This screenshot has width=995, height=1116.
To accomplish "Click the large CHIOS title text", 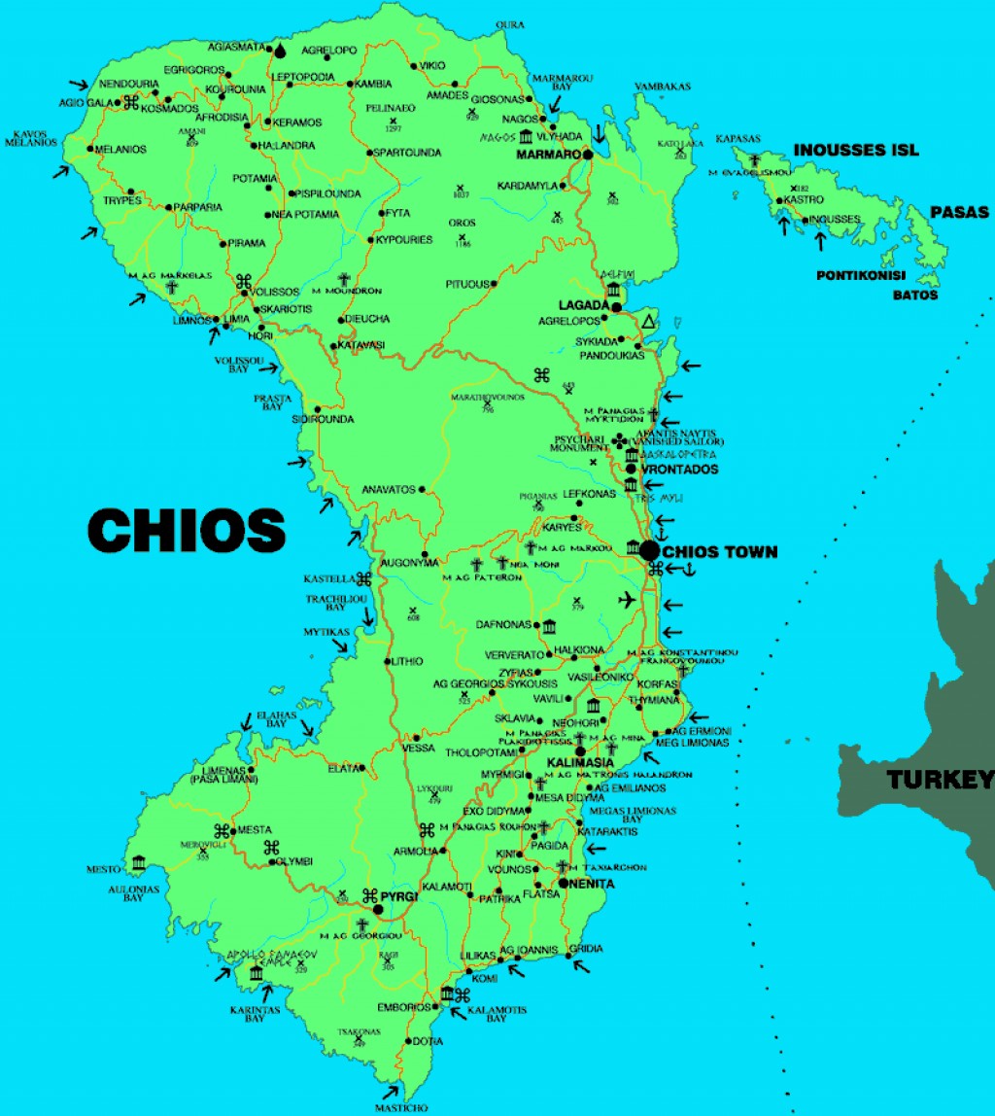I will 187,531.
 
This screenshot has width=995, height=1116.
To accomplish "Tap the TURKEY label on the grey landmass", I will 940,779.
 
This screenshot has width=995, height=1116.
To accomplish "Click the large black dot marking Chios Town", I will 649,550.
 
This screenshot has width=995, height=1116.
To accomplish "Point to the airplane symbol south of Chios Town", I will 627,599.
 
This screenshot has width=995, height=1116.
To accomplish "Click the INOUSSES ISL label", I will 856,150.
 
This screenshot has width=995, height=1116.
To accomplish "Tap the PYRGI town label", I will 399,895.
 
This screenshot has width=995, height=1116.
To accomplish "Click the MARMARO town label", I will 548,155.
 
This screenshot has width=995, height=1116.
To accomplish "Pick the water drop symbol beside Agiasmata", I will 281,50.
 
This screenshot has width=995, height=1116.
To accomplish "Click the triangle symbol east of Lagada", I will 649,322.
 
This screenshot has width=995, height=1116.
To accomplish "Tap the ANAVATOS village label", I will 388,489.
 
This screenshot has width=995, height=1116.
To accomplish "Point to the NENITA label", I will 593,884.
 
